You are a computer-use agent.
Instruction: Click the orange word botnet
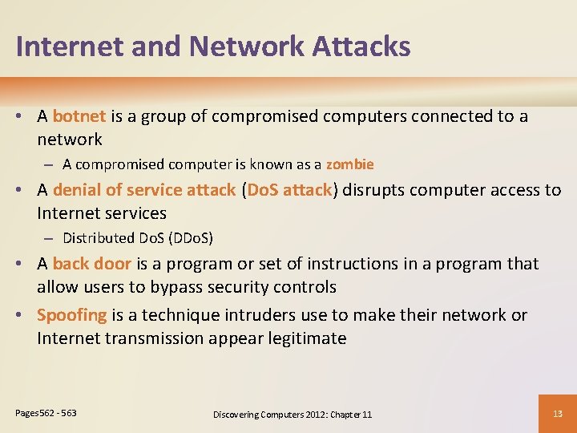point(79,116)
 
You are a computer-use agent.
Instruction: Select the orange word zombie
point(349,164)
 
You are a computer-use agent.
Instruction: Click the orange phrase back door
point(91,264)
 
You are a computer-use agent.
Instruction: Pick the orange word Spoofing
point(71,315)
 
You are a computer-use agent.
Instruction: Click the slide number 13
point(558,413)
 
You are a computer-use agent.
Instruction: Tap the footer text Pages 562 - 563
point(46,412)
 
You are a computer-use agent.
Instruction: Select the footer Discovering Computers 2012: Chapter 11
point(292,414)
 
